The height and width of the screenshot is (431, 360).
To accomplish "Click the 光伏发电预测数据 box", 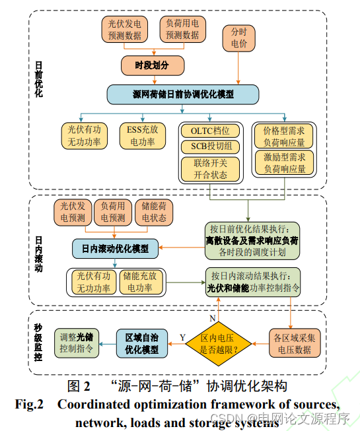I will click(x=128, y=30).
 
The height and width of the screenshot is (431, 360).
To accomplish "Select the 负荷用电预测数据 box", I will click(x=182, y=30).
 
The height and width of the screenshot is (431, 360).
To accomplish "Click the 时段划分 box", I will click(x=152, y=65).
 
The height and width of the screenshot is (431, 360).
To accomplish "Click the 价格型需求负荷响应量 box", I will click(x=283, y=135).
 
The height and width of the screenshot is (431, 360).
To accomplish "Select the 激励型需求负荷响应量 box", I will click(x=283, y=163).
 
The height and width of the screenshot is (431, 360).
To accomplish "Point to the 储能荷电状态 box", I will click(x=154, y=211).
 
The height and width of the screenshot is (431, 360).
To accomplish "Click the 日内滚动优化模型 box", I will click(x=115, y=249).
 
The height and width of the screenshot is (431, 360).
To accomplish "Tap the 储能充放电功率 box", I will click(x=140, y=282).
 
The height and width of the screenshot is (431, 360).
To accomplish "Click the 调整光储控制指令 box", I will click(x=75, y=342).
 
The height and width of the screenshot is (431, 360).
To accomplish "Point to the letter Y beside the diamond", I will click(x=183, y=337).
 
